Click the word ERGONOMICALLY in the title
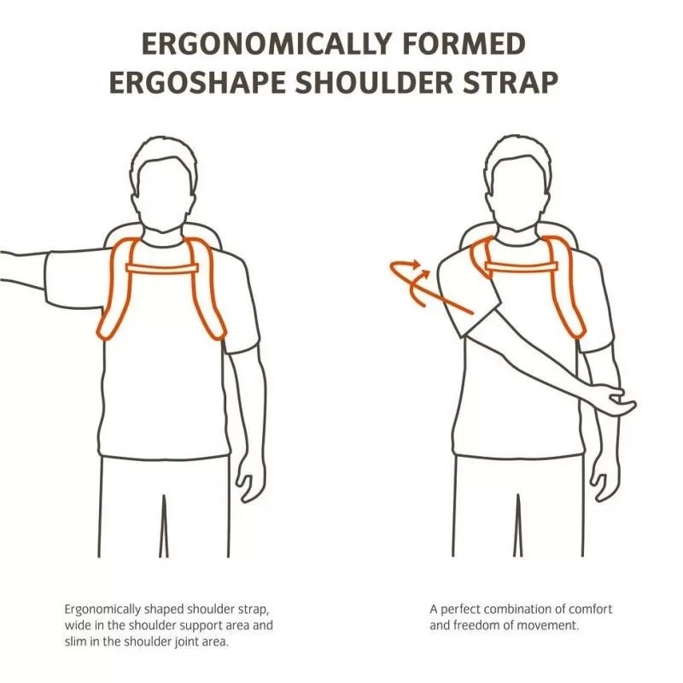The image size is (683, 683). pos(266,44)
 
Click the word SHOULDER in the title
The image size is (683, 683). pos(374,82)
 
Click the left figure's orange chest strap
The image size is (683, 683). pos(162,268)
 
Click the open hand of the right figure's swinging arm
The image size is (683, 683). pos(617,400)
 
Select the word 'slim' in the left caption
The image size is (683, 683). pos(76,641)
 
